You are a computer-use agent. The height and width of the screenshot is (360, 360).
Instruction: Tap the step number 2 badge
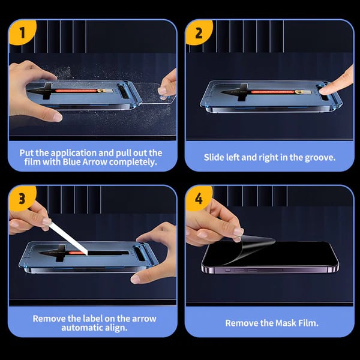199,33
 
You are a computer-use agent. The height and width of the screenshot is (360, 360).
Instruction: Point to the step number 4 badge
199,200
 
